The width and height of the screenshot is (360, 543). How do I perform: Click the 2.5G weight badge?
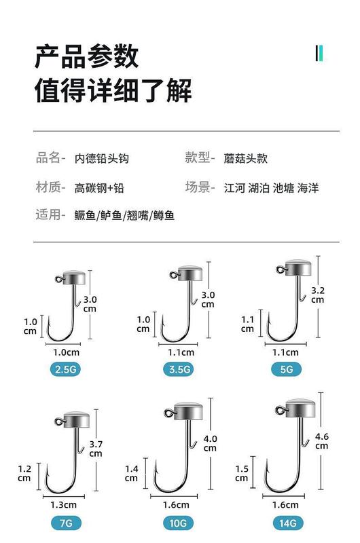[65, 369]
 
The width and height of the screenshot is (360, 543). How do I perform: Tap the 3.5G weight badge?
[179, 369]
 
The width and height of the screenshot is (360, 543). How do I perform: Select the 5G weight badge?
[286, 369]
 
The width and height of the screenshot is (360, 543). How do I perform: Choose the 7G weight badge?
[66, 523]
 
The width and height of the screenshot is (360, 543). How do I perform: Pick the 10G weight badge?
[178, 523]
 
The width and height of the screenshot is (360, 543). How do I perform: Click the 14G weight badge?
[287, 523]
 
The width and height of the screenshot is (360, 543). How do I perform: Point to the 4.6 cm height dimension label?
[321, 441]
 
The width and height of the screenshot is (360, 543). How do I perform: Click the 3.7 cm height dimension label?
[96, 449]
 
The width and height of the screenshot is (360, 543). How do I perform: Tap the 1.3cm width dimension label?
[63, 505]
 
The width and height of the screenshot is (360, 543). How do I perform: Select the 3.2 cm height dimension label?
[318, 295]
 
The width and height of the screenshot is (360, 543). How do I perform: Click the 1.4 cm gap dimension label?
[131, 473]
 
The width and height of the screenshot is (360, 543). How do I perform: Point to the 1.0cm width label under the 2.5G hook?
[66, 352]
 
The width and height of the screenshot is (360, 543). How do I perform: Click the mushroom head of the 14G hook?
[300, 408]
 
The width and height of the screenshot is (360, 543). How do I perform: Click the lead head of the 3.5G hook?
[190, 273]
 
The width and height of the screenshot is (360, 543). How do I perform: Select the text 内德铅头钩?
[102, 159]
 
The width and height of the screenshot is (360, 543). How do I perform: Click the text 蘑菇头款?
[246, 159]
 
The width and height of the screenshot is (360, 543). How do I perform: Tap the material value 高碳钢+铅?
[99, 188]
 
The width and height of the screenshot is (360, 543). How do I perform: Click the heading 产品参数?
[87, 56]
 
